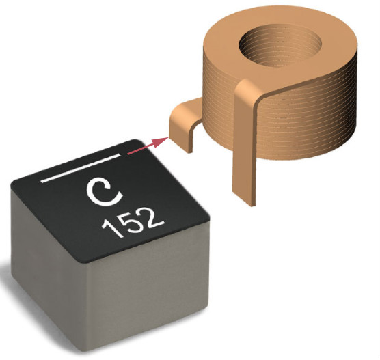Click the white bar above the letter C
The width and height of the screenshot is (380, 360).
click(81, 168)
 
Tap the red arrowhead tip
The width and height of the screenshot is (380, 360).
click(168, 137)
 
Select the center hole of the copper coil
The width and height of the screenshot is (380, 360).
click(280, 48)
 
